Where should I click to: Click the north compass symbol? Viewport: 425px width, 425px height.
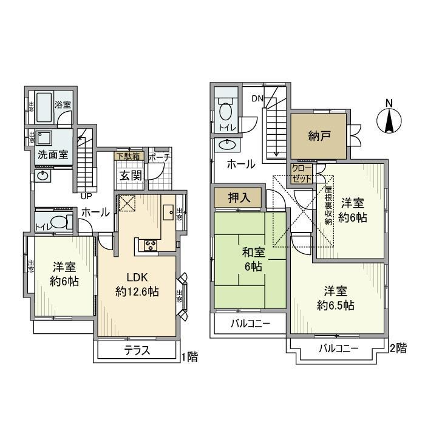(x=389, y=120)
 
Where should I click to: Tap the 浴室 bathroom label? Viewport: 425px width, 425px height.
(x=63, y=105)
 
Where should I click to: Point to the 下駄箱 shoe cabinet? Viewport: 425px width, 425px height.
(x=127, y=157)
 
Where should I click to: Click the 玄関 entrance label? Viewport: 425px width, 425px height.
(x=130, y=175)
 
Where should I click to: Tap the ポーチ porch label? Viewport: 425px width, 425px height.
(x=159, y=157)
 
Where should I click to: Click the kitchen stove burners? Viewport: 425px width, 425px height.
(x=149, y=245)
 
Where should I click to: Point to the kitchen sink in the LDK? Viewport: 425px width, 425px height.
(x=168, y=212)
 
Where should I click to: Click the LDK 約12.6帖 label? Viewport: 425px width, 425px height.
(x=137, y=285)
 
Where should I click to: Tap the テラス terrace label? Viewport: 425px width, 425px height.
(x=137, y=351)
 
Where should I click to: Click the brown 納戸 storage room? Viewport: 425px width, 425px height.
(x=318, y=136)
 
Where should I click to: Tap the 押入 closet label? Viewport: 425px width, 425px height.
(x=237, y=197)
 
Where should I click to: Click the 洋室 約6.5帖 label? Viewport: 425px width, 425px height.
(x=335, y=298)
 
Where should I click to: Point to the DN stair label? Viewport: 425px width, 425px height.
(x=257, y=100)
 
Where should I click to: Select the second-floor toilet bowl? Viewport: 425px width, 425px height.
(x=226, y=112)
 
